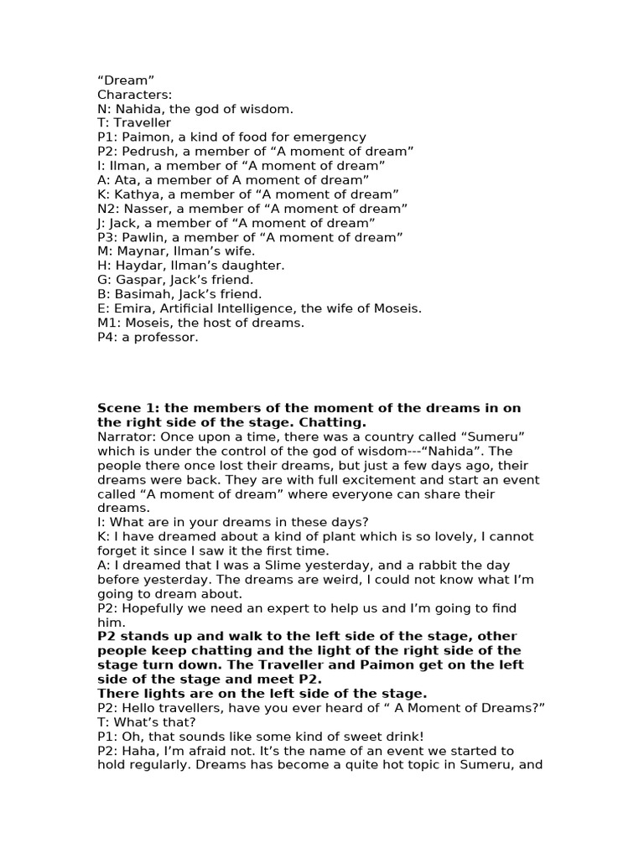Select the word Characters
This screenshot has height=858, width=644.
tap(134, 94)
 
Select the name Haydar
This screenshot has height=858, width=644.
tap(139, 266)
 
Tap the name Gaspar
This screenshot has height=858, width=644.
tap(138, 280)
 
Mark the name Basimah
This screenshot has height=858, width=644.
tap(142, 294)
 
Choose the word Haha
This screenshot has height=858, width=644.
tap(138, 751)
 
